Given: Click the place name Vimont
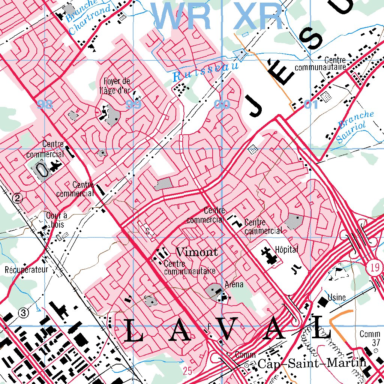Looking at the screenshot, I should (x=197, y=252).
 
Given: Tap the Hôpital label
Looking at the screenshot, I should (x=286, y=250).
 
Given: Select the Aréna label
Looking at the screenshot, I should (x=234, y=285).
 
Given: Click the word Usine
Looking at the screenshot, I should (x=336, y=298).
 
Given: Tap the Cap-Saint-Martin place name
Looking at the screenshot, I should (x=312, y=363).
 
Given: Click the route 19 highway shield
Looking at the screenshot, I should (x=376, y=267).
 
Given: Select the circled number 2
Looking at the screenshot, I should (x=17, y=199).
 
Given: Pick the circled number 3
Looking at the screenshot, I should (x=24, y=312).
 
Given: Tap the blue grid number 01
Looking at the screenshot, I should (x=311, y=105).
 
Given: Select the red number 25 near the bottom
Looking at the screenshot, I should (x=187, y=371).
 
